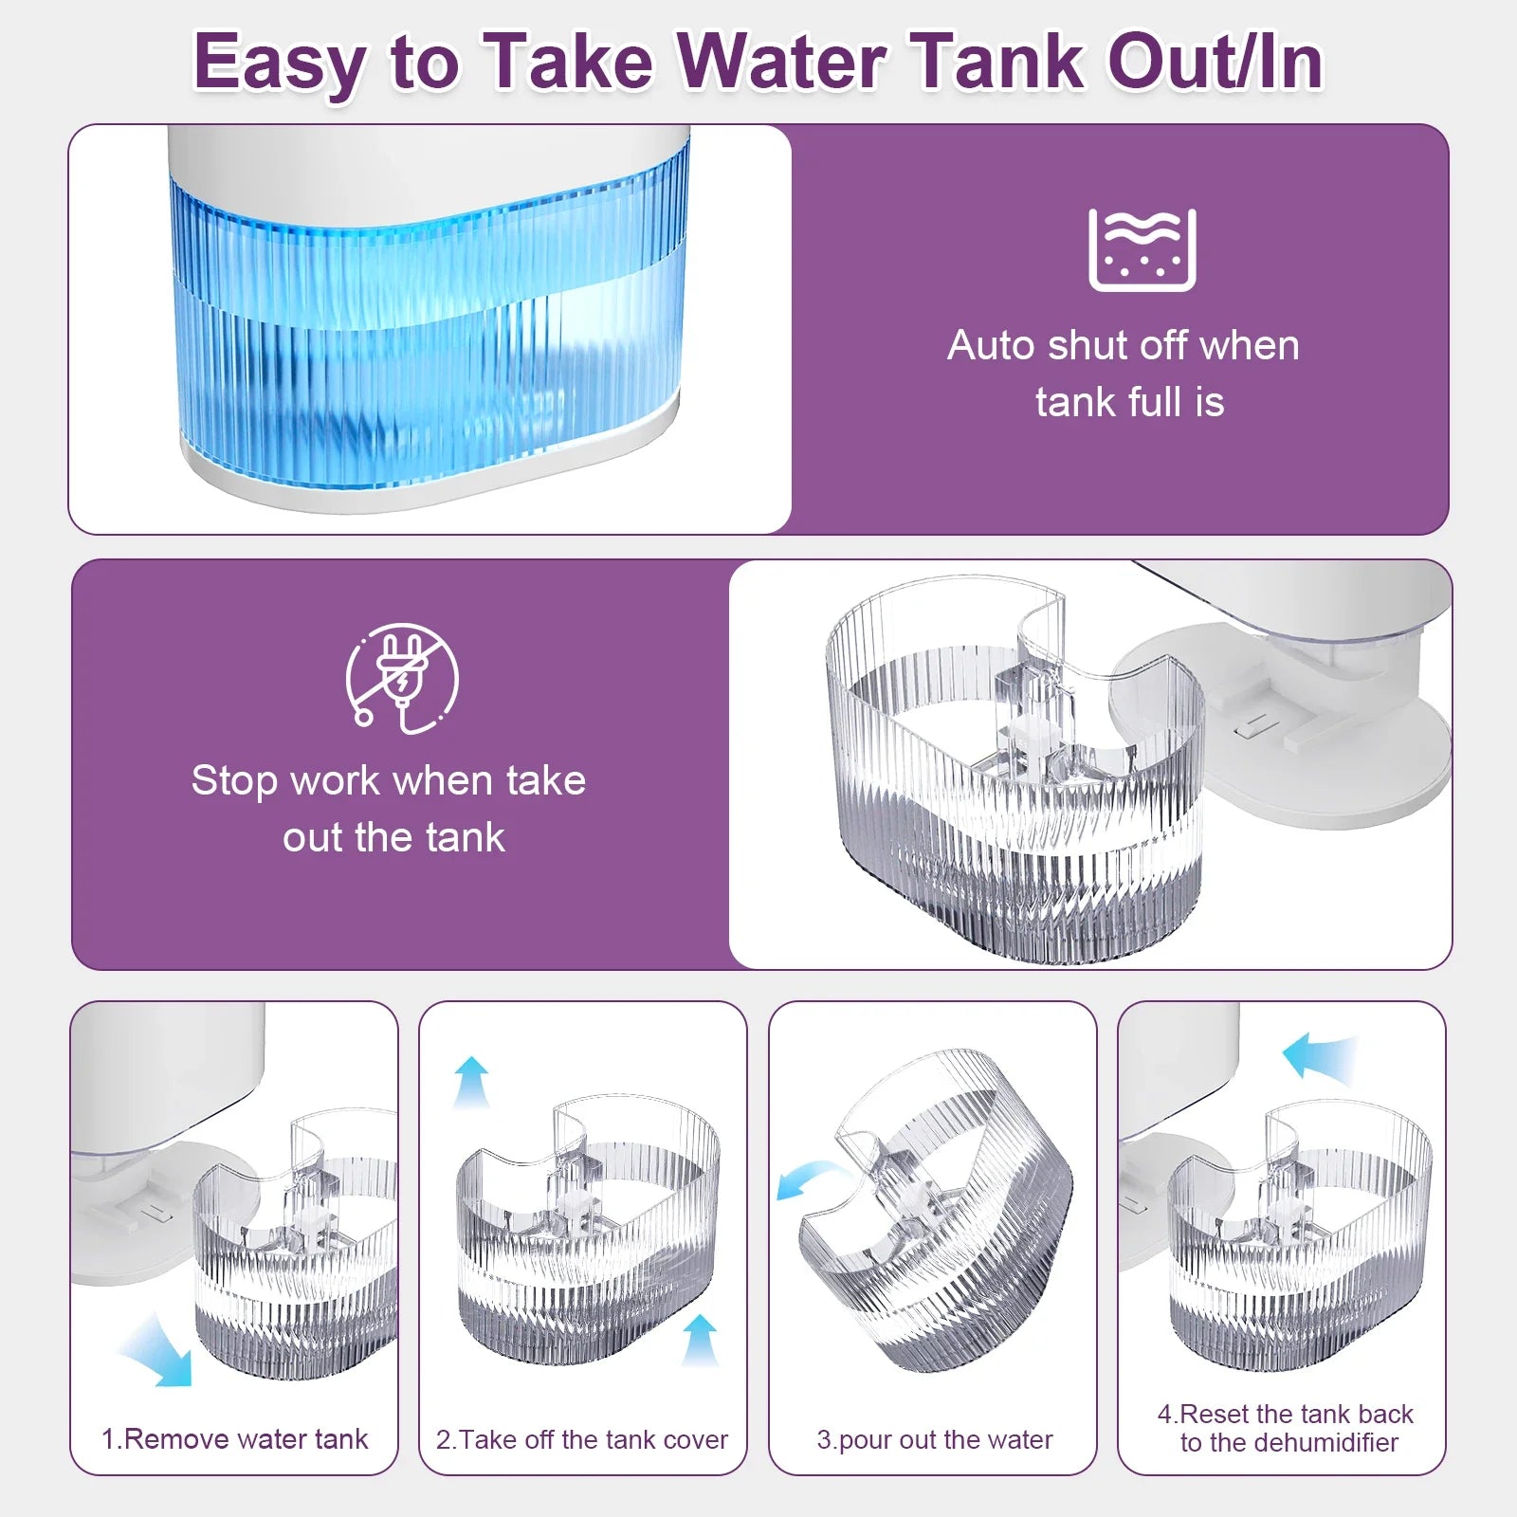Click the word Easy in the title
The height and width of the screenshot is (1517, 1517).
[x=280, y=64]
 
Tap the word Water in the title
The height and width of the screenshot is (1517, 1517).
[x=781, y=62]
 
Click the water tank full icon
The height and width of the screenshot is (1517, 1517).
[x=1142, y=249]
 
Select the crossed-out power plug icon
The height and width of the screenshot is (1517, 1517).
[x=402, y=678]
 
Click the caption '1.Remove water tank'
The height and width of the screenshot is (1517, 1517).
[x=234, y=1439]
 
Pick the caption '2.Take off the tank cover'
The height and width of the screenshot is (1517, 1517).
[x=582, y=1439]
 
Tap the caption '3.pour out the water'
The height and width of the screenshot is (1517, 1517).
[x=935, y=1440]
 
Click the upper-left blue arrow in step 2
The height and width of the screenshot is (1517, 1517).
[x=471, y=1082]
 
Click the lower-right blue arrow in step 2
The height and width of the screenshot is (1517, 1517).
[x=700, y=1340]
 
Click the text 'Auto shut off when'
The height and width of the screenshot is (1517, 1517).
[x=1124, y=345]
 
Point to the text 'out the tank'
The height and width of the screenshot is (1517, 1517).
[x=393, y=837]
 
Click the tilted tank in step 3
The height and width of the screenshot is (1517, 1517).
[x=936, y=1209]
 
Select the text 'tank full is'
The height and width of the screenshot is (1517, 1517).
[x=1130, y=402]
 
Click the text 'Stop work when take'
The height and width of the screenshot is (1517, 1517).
[x=389, y=780]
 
